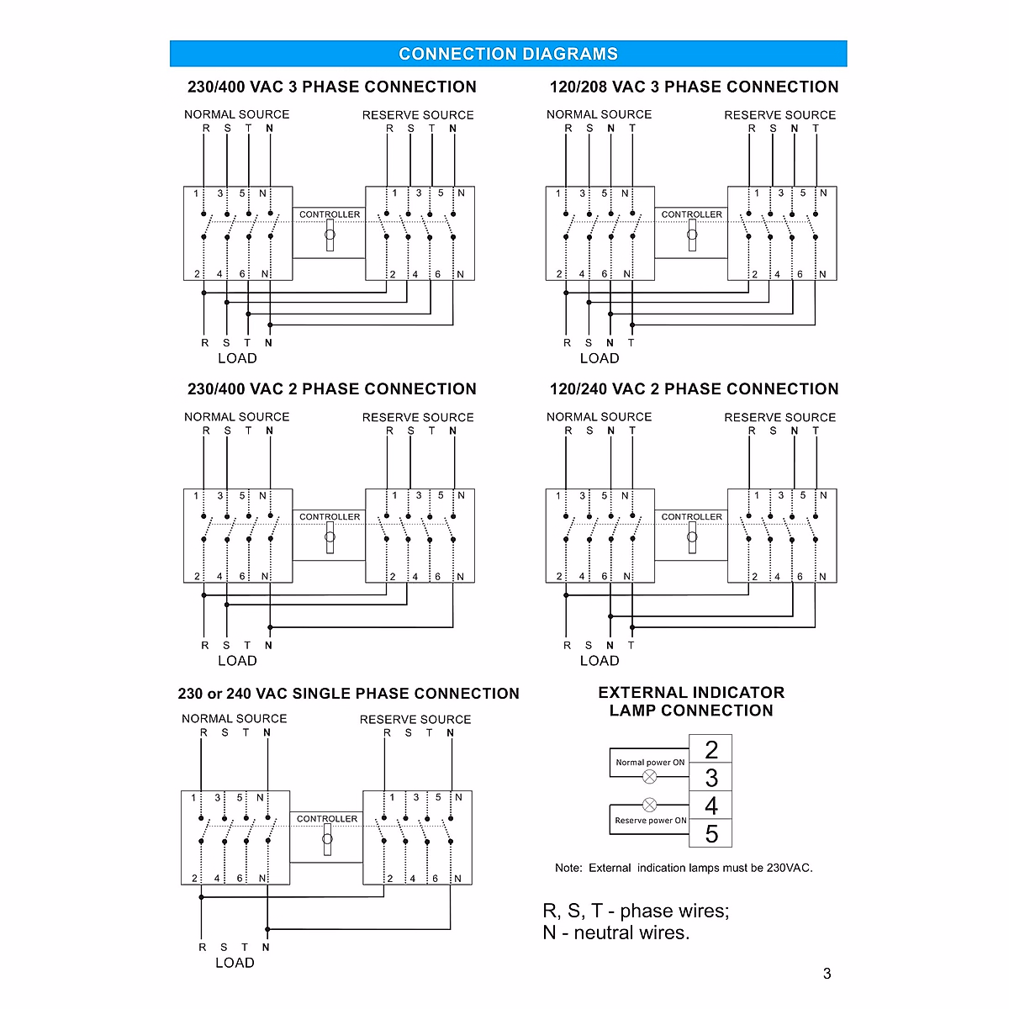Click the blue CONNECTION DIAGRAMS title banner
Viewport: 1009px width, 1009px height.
click(508, 54)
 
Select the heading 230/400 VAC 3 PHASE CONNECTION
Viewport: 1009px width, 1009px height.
click(331, 87)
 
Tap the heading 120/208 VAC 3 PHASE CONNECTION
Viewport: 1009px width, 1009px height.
click(694, 87)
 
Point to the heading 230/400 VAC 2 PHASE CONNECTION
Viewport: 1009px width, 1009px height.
click(331, 388)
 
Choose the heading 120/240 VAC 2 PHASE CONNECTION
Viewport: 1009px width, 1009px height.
click(694, 388)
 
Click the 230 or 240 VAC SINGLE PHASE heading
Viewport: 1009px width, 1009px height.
click(348, 694)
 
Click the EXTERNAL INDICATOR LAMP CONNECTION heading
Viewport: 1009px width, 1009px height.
click(691, 701)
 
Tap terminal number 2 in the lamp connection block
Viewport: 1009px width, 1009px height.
click(711, 749)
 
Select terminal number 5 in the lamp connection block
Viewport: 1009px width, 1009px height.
click(711, 834)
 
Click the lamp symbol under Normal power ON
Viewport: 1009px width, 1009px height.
click(649, 776)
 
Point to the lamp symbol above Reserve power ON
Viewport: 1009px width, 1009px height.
click(649, 805)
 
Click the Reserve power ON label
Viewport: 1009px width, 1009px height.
click(650, 820)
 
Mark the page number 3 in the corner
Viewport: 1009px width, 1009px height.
click(827, 974)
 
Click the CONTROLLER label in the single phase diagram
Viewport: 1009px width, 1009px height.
click(327, 818)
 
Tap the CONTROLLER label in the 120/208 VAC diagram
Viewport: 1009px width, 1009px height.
click(691, 214)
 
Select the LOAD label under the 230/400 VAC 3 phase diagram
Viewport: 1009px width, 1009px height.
click(237, 358)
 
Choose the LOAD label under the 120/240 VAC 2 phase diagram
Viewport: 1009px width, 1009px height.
click(600, 661)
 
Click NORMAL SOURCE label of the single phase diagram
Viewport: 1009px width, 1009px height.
click(235, 719)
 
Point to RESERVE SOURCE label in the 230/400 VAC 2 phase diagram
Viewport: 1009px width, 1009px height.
click(418, 417)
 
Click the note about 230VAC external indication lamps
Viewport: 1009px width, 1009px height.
click(684, 868)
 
